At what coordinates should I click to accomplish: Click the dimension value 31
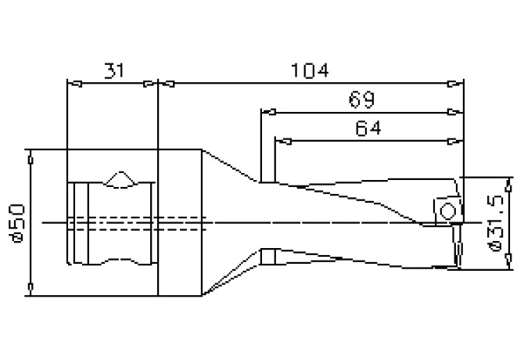(114, 71)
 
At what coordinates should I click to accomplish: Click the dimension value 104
(310, 71)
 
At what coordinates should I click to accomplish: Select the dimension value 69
(361, 99)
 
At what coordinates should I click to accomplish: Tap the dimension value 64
(368, 128)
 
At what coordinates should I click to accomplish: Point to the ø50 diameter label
(17, 223)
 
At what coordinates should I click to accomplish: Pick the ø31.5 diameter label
(495, 223)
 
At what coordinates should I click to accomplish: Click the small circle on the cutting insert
(448, 211)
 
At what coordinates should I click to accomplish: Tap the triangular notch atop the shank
(120, 179)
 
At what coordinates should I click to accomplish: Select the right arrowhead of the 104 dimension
(456, 84)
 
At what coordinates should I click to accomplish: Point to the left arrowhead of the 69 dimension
(268, 112)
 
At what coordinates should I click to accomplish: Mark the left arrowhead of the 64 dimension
(283, 142)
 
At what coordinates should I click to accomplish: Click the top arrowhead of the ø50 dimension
(31, 157)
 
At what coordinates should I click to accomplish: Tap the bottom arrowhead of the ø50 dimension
(31, 289)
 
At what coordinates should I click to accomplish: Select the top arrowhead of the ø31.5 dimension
(508, 185)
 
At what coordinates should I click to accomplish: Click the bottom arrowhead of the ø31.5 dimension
(508, 261)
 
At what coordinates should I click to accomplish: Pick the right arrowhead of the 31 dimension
(150, 84)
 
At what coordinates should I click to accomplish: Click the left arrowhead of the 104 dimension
(166, 84)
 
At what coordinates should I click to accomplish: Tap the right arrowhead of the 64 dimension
(456, 142)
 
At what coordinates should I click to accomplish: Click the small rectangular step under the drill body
(268, 257)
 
